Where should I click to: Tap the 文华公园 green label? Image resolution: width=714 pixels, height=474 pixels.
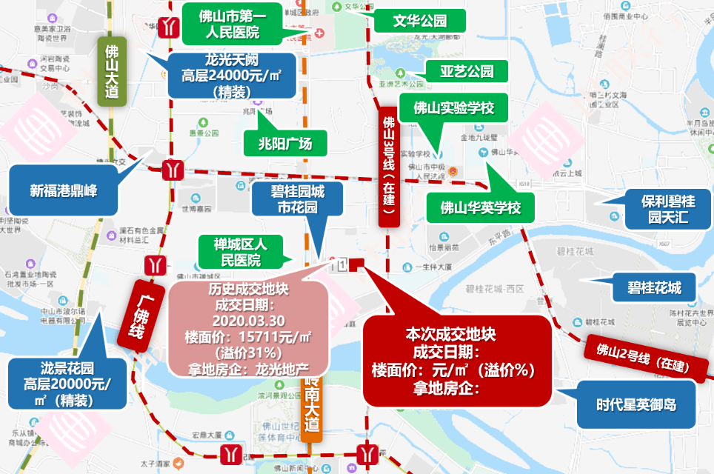tap(419, 21)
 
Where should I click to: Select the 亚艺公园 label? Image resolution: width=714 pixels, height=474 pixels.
tap(467, 72)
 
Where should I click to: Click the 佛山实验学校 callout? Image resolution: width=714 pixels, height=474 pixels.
tap(453, 109)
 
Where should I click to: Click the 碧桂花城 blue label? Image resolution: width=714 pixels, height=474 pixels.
tap(654, 287)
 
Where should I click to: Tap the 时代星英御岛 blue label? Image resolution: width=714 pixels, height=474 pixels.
tap(636, 404)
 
